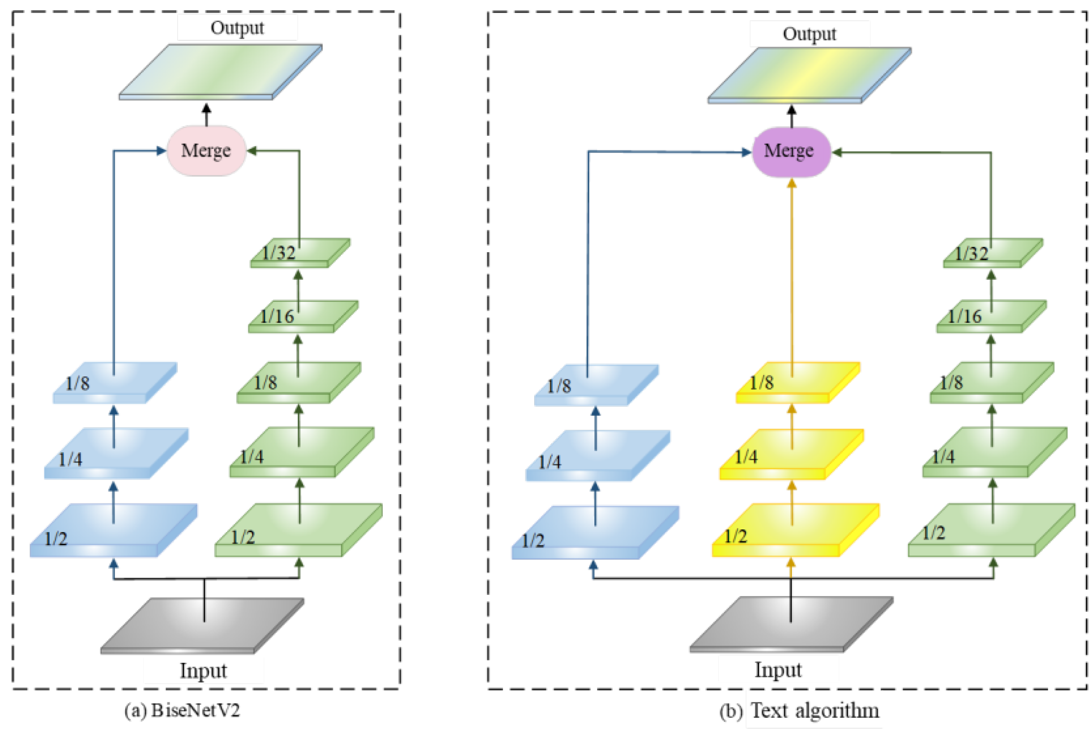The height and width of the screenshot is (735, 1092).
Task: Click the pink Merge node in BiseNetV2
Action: point(206,150)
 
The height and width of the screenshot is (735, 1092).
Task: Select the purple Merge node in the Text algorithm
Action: point(790,152)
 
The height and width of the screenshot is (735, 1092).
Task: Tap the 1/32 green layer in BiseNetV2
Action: point(300,253)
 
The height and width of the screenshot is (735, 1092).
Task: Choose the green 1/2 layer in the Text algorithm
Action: point(991,530)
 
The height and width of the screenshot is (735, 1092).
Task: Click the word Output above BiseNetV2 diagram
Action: point(237,28)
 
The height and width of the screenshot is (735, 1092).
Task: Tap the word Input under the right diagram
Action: point(777,670)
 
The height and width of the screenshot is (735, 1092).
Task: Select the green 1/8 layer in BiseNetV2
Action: point(299,382)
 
